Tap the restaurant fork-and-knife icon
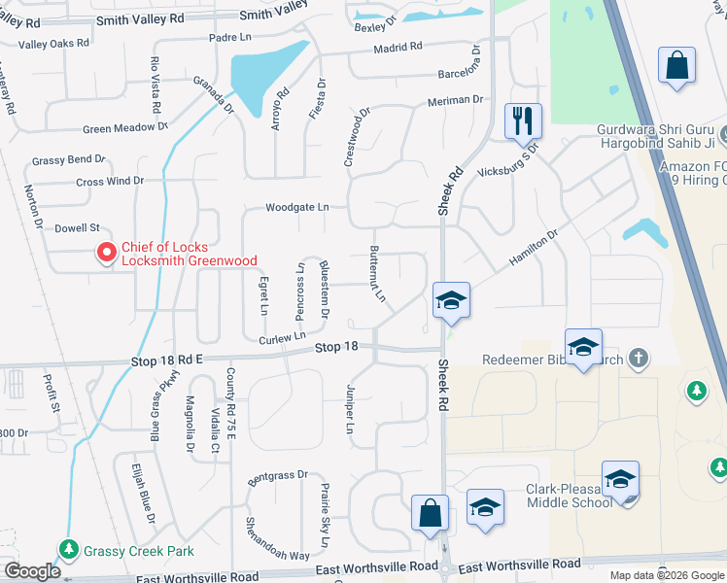coord(523,121)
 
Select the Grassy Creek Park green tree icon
coord(68,550)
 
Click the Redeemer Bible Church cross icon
coord(638,359)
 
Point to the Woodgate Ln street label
coord(298,207)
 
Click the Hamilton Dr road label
coord(533,249)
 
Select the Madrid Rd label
coord(397,46)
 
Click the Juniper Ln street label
coord(350,408)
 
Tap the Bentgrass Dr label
coord(277,476)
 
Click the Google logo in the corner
coord(32,571)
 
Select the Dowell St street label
coord(77,228)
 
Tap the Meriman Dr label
coord(455,100)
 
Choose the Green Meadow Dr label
coord(125,128)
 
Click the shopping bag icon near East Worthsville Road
coord(430,514)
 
